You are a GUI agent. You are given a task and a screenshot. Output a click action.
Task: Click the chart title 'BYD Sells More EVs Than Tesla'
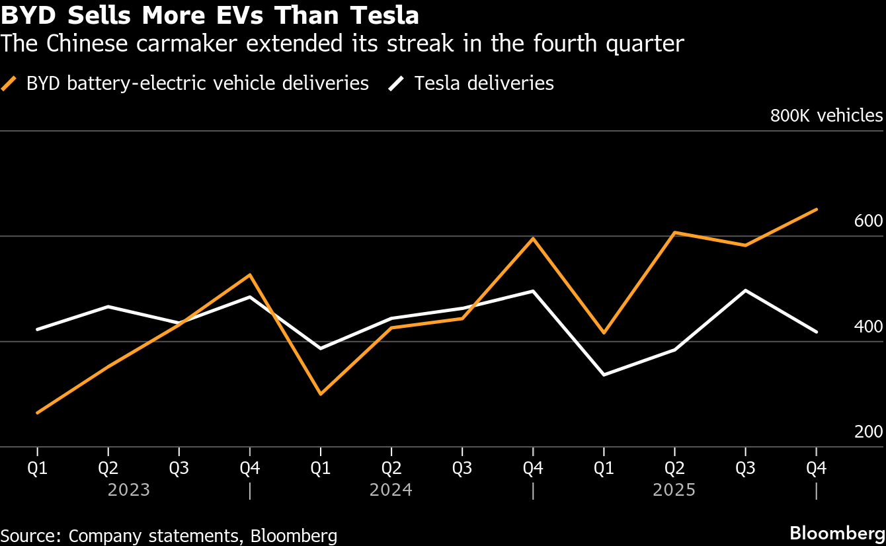pyautogui.click(x=210, y=15)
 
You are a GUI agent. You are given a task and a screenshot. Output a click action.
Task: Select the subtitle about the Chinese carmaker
pyautogui.click(x=342, y=44)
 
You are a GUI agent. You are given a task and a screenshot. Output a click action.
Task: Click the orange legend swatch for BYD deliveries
pyautogui.click(x=10, y=83)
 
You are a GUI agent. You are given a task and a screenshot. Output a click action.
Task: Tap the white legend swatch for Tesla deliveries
pyautogui.click(x=397, y=83)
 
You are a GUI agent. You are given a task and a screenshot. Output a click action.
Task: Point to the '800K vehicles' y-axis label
pyautogui.click(x=826, y=116)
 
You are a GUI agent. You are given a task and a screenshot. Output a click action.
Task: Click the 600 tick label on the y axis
pyautogui.click(x=868, y=221)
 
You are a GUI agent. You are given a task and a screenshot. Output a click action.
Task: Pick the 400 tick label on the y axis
pyautogui.click(x=868, y=327)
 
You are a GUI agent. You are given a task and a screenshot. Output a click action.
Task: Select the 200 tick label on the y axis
pyautogui.click(x=868, y=432)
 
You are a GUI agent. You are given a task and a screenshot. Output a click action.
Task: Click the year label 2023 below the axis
pyautogui.click(x=129, y=490)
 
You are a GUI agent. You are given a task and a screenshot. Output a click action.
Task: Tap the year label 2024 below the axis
pyautogui.click(x=391, y=490)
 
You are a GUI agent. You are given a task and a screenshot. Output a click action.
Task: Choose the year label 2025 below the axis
pyautogui.click(x=674, y=490)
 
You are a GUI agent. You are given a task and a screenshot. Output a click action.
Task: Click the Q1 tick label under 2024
pyautogui.click(x=321, y=469)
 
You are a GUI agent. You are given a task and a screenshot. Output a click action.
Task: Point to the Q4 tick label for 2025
pyautogui.click(x=817, y=469)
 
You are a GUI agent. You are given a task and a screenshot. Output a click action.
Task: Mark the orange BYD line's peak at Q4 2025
pyautogui.click(x=817, y=210)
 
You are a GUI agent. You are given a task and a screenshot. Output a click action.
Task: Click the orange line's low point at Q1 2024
pyautogui.click(x=321, y=394)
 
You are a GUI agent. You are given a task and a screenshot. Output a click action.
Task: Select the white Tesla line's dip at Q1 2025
pyautogui.click(x=604, y=375)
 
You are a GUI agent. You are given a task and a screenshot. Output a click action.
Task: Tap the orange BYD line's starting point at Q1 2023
pyautogui.click(x=38, y=412)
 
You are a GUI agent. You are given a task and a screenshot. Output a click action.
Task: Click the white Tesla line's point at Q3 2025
pyautogui.click(x=746, y=290)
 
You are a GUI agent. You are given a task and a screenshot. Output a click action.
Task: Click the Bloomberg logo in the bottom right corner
pyautogui.click(x=837, y=533)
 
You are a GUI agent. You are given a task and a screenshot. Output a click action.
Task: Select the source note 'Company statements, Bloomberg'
pyautogui.click(x=169, y=535)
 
